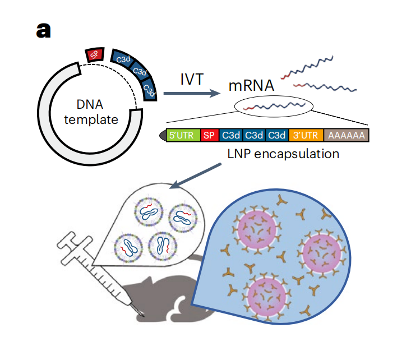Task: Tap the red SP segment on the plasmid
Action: (94, 54)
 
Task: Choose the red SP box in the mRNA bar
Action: (209, 136)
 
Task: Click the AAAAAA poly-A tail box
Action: (346, 136)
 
